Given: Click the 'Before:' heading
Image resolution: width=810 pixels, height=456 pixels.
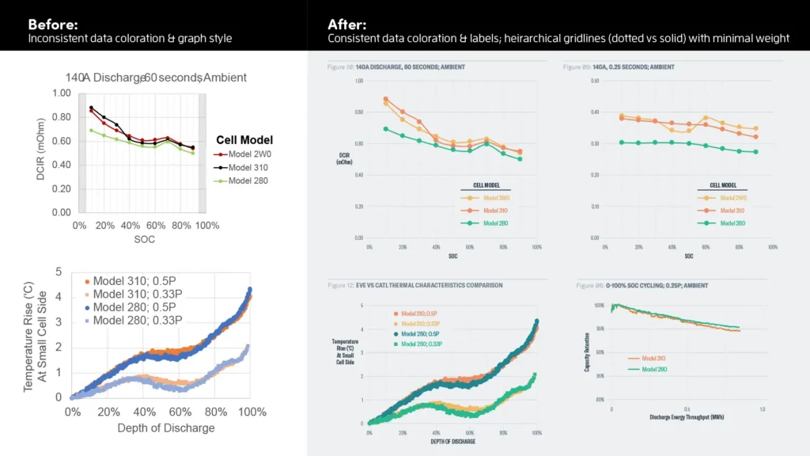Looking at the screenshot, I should click(x=53, y=24).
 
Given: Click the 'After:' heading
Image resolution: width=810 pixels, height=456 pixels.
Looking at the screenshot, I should click(x=347, y=24).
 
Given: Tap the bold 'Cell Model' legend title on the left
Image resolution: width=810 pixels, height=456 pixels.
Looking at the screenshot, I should click(x=245, y=140).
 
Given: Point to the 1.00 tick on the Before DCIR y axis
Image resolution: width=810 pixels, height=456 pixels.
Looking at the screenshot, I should click(x=61, y=93).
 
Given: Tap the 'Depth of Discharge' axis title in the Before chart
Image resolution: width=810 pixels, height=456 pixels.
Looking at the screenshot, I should click(x=166, y=428).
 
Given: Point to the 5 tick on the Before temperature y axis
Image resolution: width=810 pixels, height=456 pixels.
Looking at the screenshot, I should click(x=58, y=272).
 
